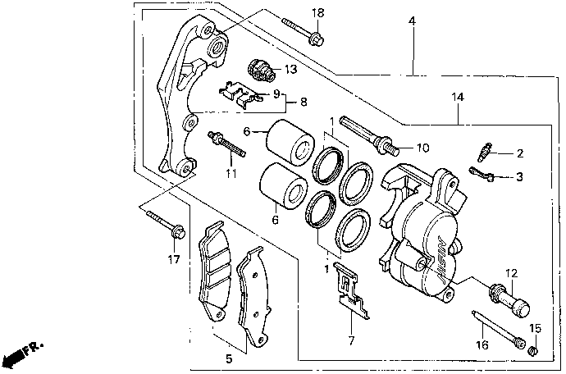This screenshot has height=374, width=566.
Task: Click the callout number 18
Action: [x=318, y=13]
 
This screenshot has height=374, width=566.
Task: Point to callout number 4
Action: [x=413, y=21]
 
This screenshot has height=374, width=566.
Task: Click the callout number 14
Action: [x=458, y=97]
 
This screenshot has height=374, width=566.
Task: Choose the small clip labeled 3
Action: [x=482, y=174]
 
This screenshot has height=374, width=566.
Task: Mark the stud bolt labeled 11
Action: [x=226, y=145]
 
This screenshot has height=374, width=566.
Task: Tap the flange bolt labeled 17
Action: [x=166, y=225]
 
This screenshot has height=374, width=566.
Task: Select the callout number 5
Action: [x=229, y=359]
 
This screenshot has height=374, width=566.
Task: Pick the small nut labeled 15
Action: [x=533, y=350]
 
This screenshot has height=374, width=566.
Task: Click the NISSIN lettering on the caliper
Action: [x=443, y=260]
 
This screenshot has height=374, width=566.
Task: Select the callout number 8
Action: [x=304, y=103]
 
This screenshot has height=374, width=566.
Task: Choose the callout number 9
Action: [x=276, y=94]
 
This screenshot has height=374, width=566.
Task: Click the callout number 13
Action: [x=290, y=69]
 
